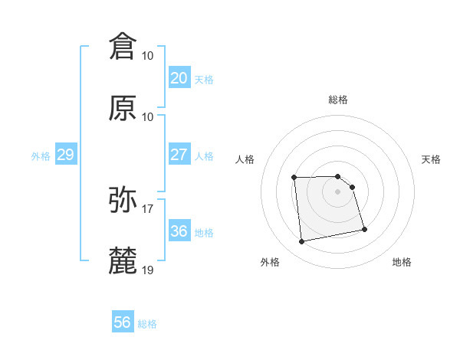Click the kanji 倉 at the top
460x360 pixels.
(123, 47)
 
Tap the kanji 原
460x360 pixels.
(123, 108)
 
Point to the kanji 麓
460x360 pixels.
(123, 260)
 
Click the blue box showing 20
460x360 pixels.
(179, 78)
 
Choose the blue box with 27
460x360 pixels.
(179, 155)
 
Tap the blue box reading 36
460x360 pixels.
(179, 231)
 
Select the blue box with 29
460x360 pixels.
(65, 155)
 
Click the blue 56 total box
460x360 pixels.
(122, 322)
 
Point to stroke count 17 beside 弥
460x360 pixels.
(148, 208)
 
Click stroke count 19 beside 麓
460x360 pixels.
(148, 270)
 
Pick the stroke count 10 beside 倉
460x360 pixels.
(148, 56)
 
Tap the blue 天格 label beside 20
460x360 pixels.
(203, 80)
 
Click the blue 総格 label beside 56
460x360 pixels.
(147, 324)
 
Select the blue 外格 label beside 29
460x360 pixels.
(41, 156)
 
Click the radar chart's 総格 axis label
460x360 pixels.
(338, 100)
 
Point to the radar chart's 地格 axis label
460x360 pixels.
(402, 262)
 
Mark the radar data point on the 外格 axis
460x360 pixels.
(302, 242)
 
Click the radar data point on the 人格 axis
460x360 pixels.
(294, 178)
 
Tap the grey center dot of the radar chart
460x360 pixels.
(338, 191)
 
